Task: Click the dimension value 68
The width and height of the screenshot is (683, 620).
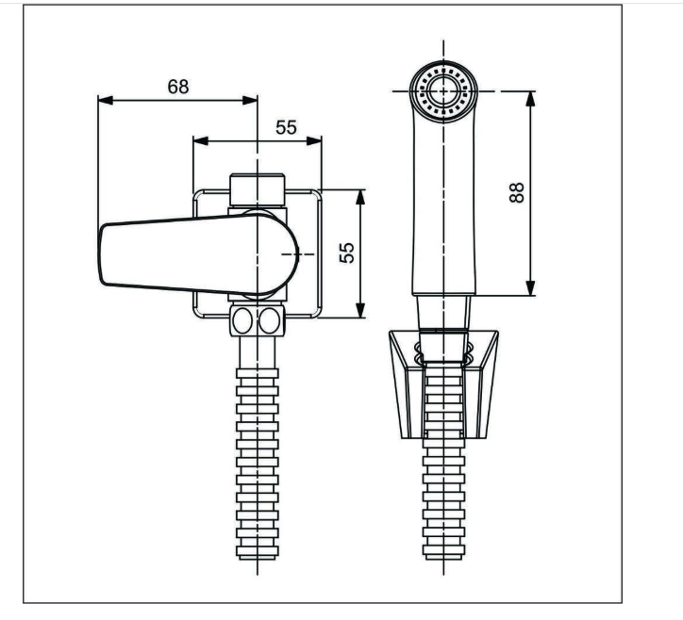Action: tap(178, 87)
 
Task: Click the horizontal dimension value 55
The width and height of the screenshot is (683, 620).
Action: tap(286, 127)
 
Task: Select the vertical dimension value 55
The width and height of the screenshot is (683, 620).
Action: tap(347, 253)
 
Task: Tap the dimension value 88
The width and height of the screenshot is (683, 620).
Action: tap(517, 192)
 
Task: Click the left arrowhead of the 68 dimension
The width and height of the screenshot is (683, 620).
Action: tap(106, 101)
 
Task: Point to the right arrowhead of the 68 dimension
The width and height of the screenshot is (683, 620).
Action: tap(250, 101)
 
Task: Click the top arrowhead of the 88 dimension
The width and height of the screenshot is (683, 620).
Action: tap(530, 99)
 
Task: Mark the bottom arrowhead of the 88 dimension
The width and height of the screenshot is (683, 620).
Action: tap(530, 287)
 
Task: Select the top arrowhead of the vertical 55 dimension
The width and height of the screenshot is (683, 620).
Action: tap(359, 197)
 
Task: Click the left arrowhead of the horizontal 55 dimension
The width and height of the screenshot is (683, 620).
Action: tap(200, 141)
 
